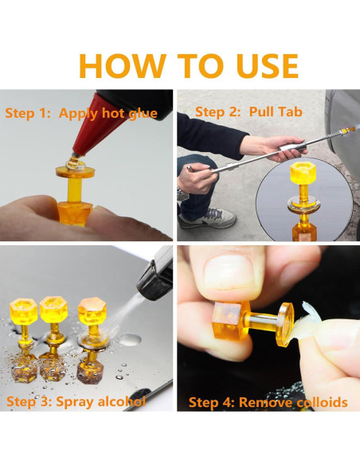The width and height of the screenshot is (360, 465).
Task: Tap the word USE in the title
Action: [x=268, y=66]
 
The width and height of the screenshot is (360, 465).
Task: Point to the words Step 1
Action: [x=28, y=113]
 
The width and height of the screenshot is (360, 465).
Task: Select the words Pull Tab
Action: [x=276, y=111]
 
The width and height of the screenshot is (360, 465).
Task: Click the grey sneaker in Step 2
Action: [x=208, y=218]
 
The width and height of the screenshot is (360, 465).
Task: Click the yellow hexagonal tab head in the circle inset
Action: [x=303, y=173]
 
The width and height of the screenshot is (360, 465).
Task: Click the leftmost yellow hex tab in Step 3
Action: [x=23, y=311]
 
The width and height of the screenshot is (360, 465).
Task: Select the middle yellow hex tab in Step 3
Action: [x=53, y=309]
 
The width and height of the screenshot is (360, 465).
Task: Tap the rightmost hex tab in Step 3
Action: [x=92, y=311]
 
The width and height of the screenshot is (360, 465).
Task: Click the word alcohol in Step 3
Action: [x=122, y=401]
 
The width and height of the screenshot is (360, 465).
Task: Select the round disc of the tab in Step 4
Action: [x=285, y=324]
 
